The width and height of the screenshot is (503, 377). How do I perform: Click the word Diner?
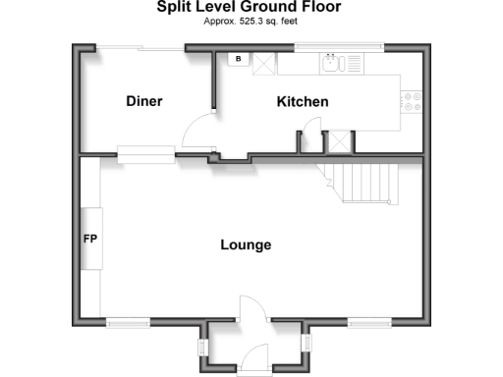tap(144, 101)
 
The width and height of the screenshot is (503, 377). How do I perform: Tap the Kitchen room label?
tap(302, 102)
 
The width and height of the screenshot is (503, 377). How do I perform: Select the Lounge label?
tap(245, 244)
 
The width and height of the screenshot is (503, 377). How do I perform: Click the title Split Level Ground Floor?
tap(251, 7)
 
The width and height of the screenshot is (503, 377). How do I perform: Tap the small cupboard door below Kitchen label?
tap(311, 131)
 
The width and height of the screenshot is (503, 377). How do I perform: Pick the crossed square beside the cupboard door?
tap(339, 140)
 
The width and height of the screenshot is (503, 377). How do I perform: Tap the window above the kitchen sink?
tap(340, 46)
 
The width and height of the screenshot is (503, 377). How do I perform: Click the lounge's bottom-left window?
tap(128, 321)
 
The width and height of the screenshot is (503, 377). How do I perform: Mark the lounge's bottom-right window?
tap(368, 321)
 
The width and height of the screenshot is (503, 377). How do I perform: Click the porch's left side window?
tap(202, 347)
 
